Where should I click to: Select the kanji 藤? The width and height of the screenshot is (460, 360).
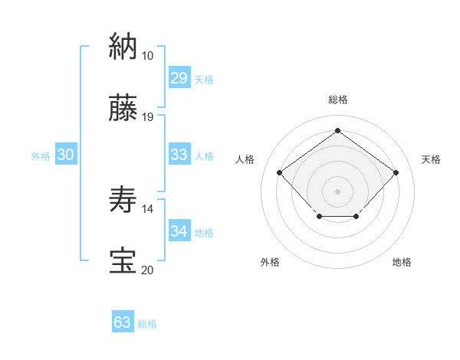click(x=123, y=108)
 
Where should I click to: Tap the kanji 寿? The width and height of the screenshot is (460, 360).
click(x=123, y=199)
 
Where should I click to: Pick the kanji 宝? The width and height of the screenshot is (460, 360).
click(x=123, y=260)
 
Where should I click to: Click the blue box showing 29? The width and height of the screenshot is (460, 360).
click(x=179, y=78)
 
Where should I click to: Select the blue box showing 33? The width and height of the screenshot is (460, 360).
click(x=179, y=155)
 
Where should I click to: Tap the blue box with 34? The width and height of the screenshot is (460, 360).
click(x=179, y=231)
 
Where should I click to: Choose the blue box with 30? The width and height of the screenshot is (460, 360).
click(x=65, y=155)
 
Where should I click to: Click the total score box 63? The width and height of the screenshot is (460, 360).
click(x=122, y=322)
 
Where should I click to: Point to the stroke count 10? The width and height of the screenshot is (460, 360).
click(x=147, y=56)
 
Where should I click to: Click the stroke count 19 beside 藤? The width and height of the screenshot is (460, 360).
click(x=147, y=117)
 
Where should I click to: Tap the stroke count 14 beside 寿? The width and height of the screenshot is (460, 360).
click(x=147, y=208)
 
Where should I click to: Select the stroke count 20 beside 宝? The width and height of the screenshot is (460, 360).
click(x=147, y=270)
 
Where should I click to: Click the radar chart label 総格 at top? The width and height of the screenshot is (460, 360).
click(x=337, y=100)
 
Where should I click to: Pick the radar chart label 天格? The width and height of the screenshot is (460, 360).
click(x=431, y=159)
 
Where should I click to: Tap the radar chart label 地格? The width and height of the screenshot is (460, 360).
click(x=402, y=262)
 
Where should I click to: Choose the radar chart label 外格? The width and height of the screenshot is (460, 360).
click(x=270, y=262)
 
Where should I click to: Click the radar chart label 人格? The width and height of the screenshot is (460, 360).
click(x=245, y=159)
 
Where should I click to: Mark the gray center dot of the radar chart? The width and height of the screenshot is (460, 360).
click(x=337, y=190)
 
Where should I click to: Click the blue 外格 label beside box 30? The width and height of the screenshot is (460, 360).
click(x=41, y=156)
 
